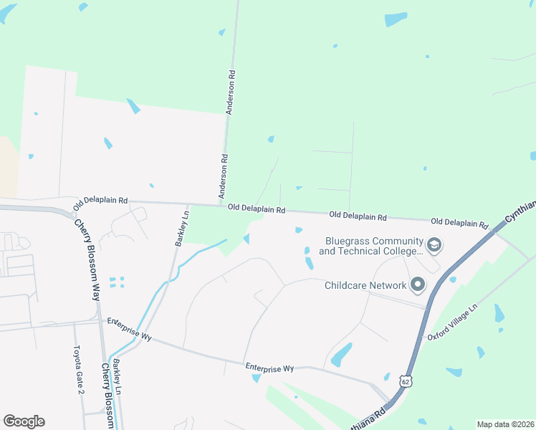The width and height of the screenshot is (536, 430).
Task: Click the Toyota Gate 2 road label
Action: [x=80, y=371]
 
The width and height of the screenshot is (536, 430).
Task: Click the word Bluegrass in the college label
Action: [x=350, y=242]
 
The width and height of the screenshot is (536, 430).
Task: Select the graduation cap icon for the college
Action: [x=434, y=246]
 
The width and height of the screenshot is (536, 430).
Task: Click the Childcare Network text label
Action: [x=365, y=285]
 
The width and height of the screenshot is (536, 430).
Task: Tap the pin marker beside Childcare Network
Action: [x=418, y=285]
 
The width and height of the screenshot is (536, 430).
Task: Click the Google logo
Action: [x=24, y=421]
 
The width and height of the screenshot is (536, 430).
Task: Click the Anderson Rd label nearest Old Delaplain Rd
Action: [x=224, y=177]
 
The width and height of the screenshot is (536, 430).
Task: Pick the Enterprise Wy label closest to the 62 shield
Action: [x=269, y=367]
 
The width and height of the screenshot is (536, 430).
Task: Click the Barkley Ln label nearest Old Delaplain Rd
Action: [x=183, y=228]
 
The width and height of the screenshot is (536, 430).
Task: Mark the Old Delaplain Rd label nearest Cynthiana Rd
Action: [x=459, y=221]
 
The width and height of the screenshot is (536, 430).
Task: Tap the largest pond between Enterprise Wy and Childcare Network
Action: [x=341, y=353]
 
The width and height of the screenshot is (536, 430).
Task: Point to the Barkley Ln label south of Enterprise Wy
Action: [x=117, y=377]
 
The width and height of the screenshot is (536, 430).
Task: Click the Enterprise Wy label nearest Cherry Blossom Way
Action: [x=130, y=330]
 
